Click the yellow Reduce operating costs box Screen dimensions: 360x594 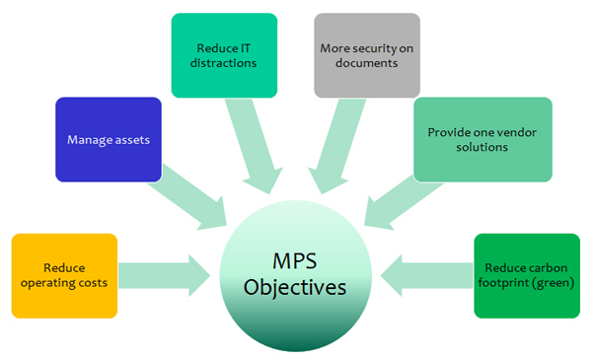click(64, 275)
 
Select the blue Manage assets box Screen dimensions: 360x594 click(108, 139)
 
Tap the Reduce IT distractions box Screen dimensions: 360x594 click(223, 54)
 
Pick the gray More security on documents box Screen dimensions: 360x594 click(366, 54)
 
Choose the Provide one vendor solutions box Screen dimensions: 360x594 click(468, 139)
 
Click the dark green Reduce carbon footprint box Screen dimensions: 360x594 click(526, 275)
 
